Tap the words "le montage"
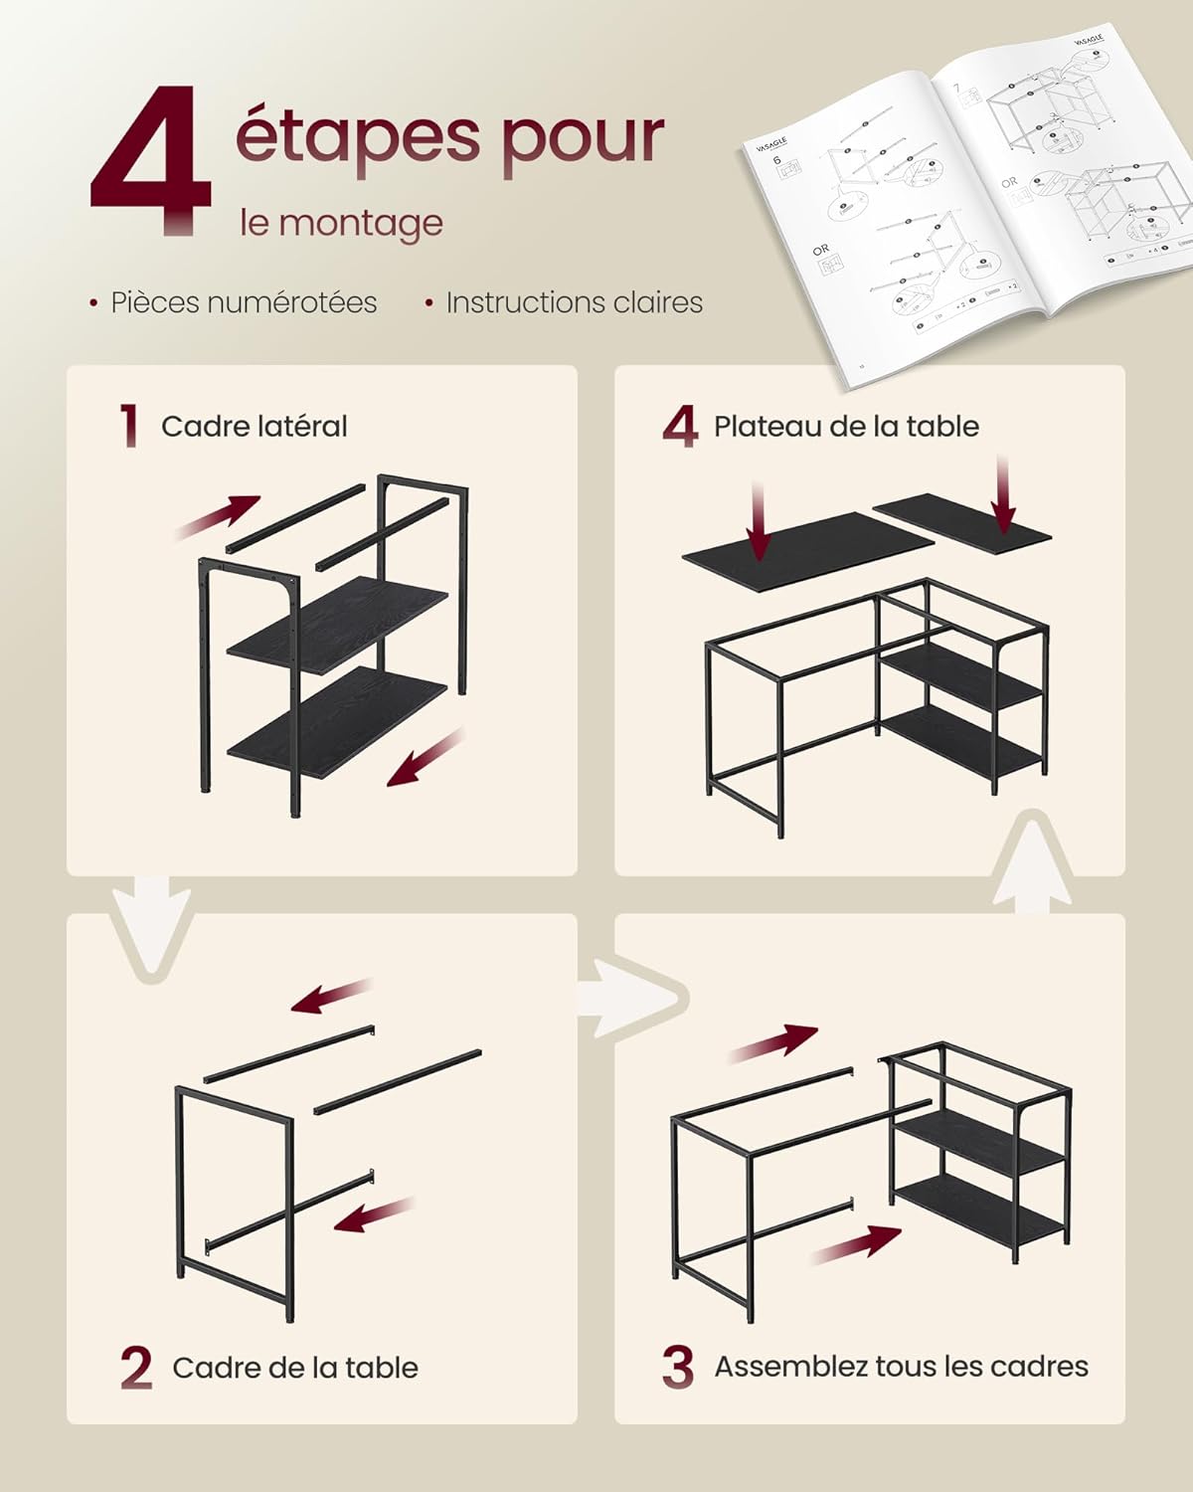point(340,222)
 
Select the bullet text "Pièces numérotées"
point(244,302)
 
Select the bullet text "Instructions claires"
point(574,302)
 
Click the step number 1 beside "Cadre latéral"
point(128,426)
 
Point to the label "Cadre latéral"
point(255,427)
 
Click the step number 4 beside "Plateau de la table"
point(680,427)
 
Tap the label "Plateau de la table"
point(846,427)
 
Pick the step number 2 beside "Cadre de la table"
point(136,1368)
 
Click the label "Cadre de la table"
point(295,1368)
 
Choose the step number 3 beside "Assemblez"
point(678,1367)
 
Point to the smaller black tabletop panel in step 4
point(961,521)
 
